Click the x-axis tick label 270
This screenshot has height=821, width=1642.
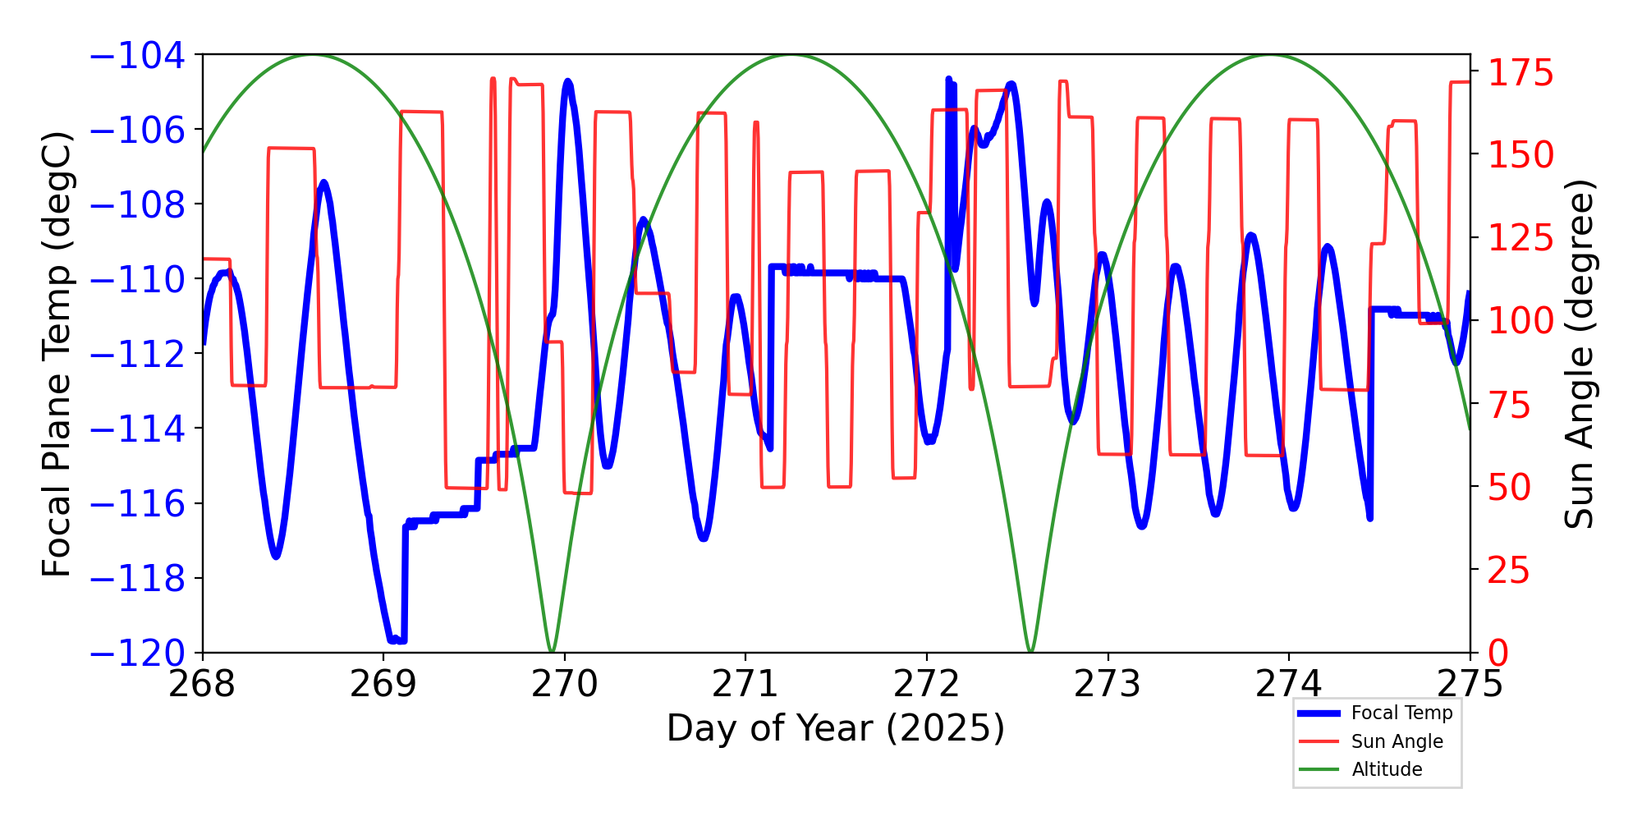click(x=564, y=684)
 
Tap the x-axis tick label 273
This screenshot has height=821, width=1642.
click(x=1108, y=684)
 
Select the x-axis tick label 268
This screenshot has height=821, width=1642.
click(x=202, y=684)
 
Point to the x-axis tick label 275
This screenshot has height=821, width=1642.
click(x=1470, y=684)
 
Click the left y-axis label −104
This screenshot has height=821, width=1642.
click(x=137, y=56)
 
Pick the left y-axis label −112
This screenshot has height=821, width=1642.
click(x=137, y=355)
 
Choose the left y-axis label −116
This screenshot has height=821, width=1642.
click(x=137, y=504)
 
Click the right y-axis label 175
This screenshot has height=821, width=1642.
click(x=1521, y=74)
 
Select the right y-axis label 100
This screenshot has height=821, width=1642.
click(x=1521, y=321)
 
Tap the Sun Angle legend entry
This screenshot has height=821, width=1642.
click(x=1397, y=741)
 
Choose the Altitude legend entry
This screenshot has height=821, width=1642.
click(x=1387, y=769)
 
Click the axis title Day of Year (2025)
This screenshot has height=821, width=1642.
click(x=835, y=728)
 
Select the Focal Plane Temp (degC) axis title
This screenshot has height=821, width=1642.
click(x=57, y=354)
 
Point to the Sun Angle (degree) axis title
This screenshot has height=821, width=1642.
click(x=1578, y=354)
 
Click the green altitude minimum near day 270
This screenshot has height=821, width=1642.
click(x=552, y=651)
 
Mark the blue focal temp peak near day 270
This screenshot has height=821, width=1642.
click(x=568, y=82)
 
